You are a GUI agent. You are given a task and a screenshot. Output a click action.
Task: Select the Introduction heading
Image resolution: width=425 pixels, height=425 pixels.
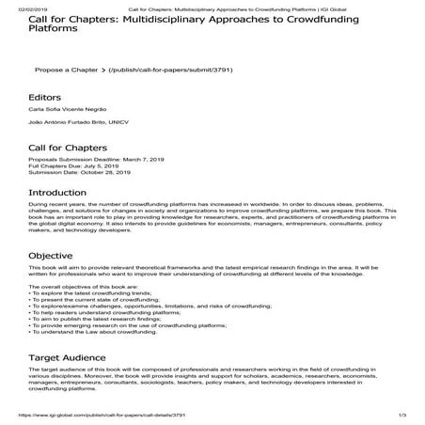[x=63, y=217]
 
